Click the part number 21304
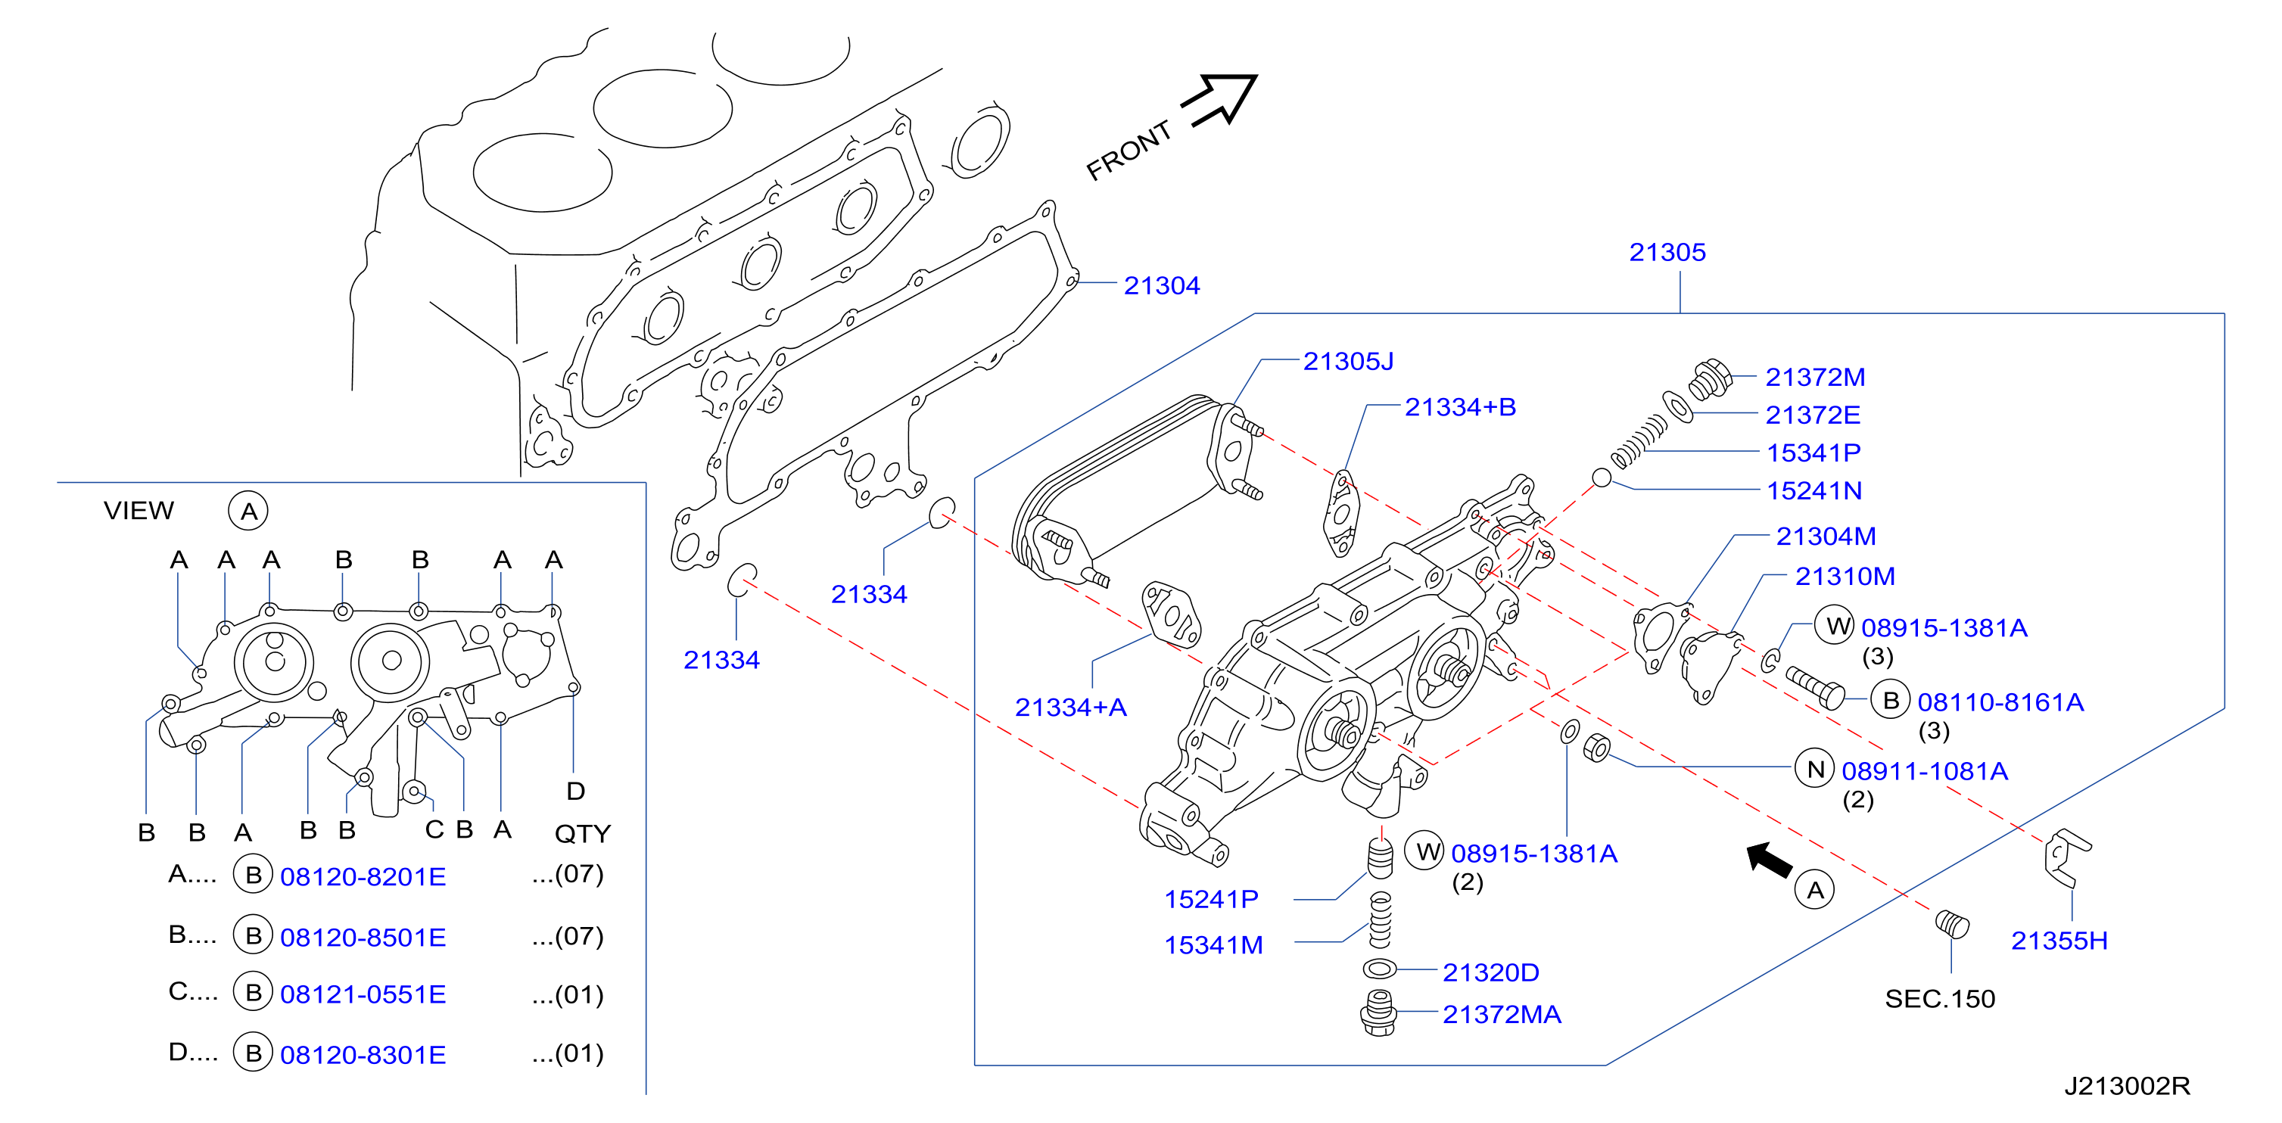[1161, 285]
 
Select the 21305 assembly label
[1667, 253]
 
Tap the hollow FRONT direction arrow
[1221, 99]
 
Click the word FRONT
[1129, 151]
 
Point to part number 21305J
[1348, 362]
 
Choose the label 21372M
[1815, 378]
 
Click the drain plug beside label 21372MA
[1378, 1013]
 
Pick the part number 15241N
[1814, 490]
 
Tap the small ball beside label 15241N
[1602, 478]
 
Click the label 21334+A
[1071, 708]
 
